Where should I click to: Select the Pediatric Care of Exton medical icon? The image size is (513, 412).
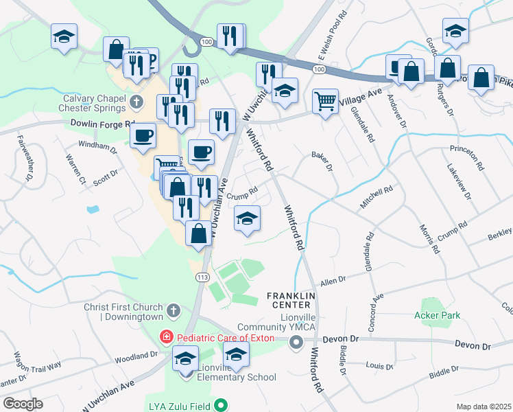click(166, 338)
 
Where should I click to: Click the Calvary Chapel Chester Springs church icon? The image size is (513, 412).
click(136, 103)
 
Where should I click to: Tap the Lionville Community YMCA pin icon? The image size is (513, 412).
click(296, 344)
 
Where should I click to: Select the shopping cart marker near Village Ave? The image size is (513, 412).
click(325, 101)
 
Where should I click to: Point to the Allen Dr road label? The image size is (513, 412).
click(334, 282)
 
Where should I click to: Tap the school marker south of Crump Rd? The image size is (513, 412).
click(247, 218)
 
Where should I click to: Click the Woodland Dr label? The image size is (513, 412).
click(136, 357)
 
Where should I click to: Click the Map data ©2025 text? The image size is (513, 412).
click(483, 407)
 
